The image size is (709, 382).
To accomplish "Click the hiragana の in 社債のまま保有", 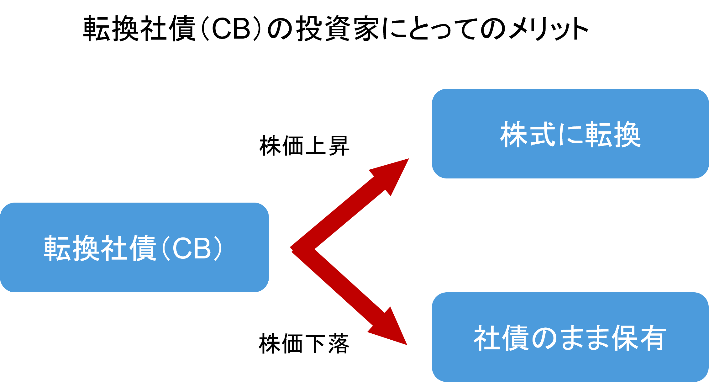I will coord(542,338).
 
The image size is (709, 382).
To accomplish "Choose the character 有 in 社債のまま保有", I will coord(653,338).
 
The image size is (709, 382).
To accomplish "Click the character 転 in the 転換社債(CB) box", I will coord(57,248).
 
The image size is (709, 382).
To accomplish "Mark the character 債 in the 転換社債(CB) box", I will coord(142,248).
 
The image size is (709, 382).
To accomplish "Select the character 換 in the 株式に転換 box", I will coord(627,135).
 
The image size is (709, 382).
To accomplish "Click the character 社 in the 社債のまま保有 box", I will coord(487,338).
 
